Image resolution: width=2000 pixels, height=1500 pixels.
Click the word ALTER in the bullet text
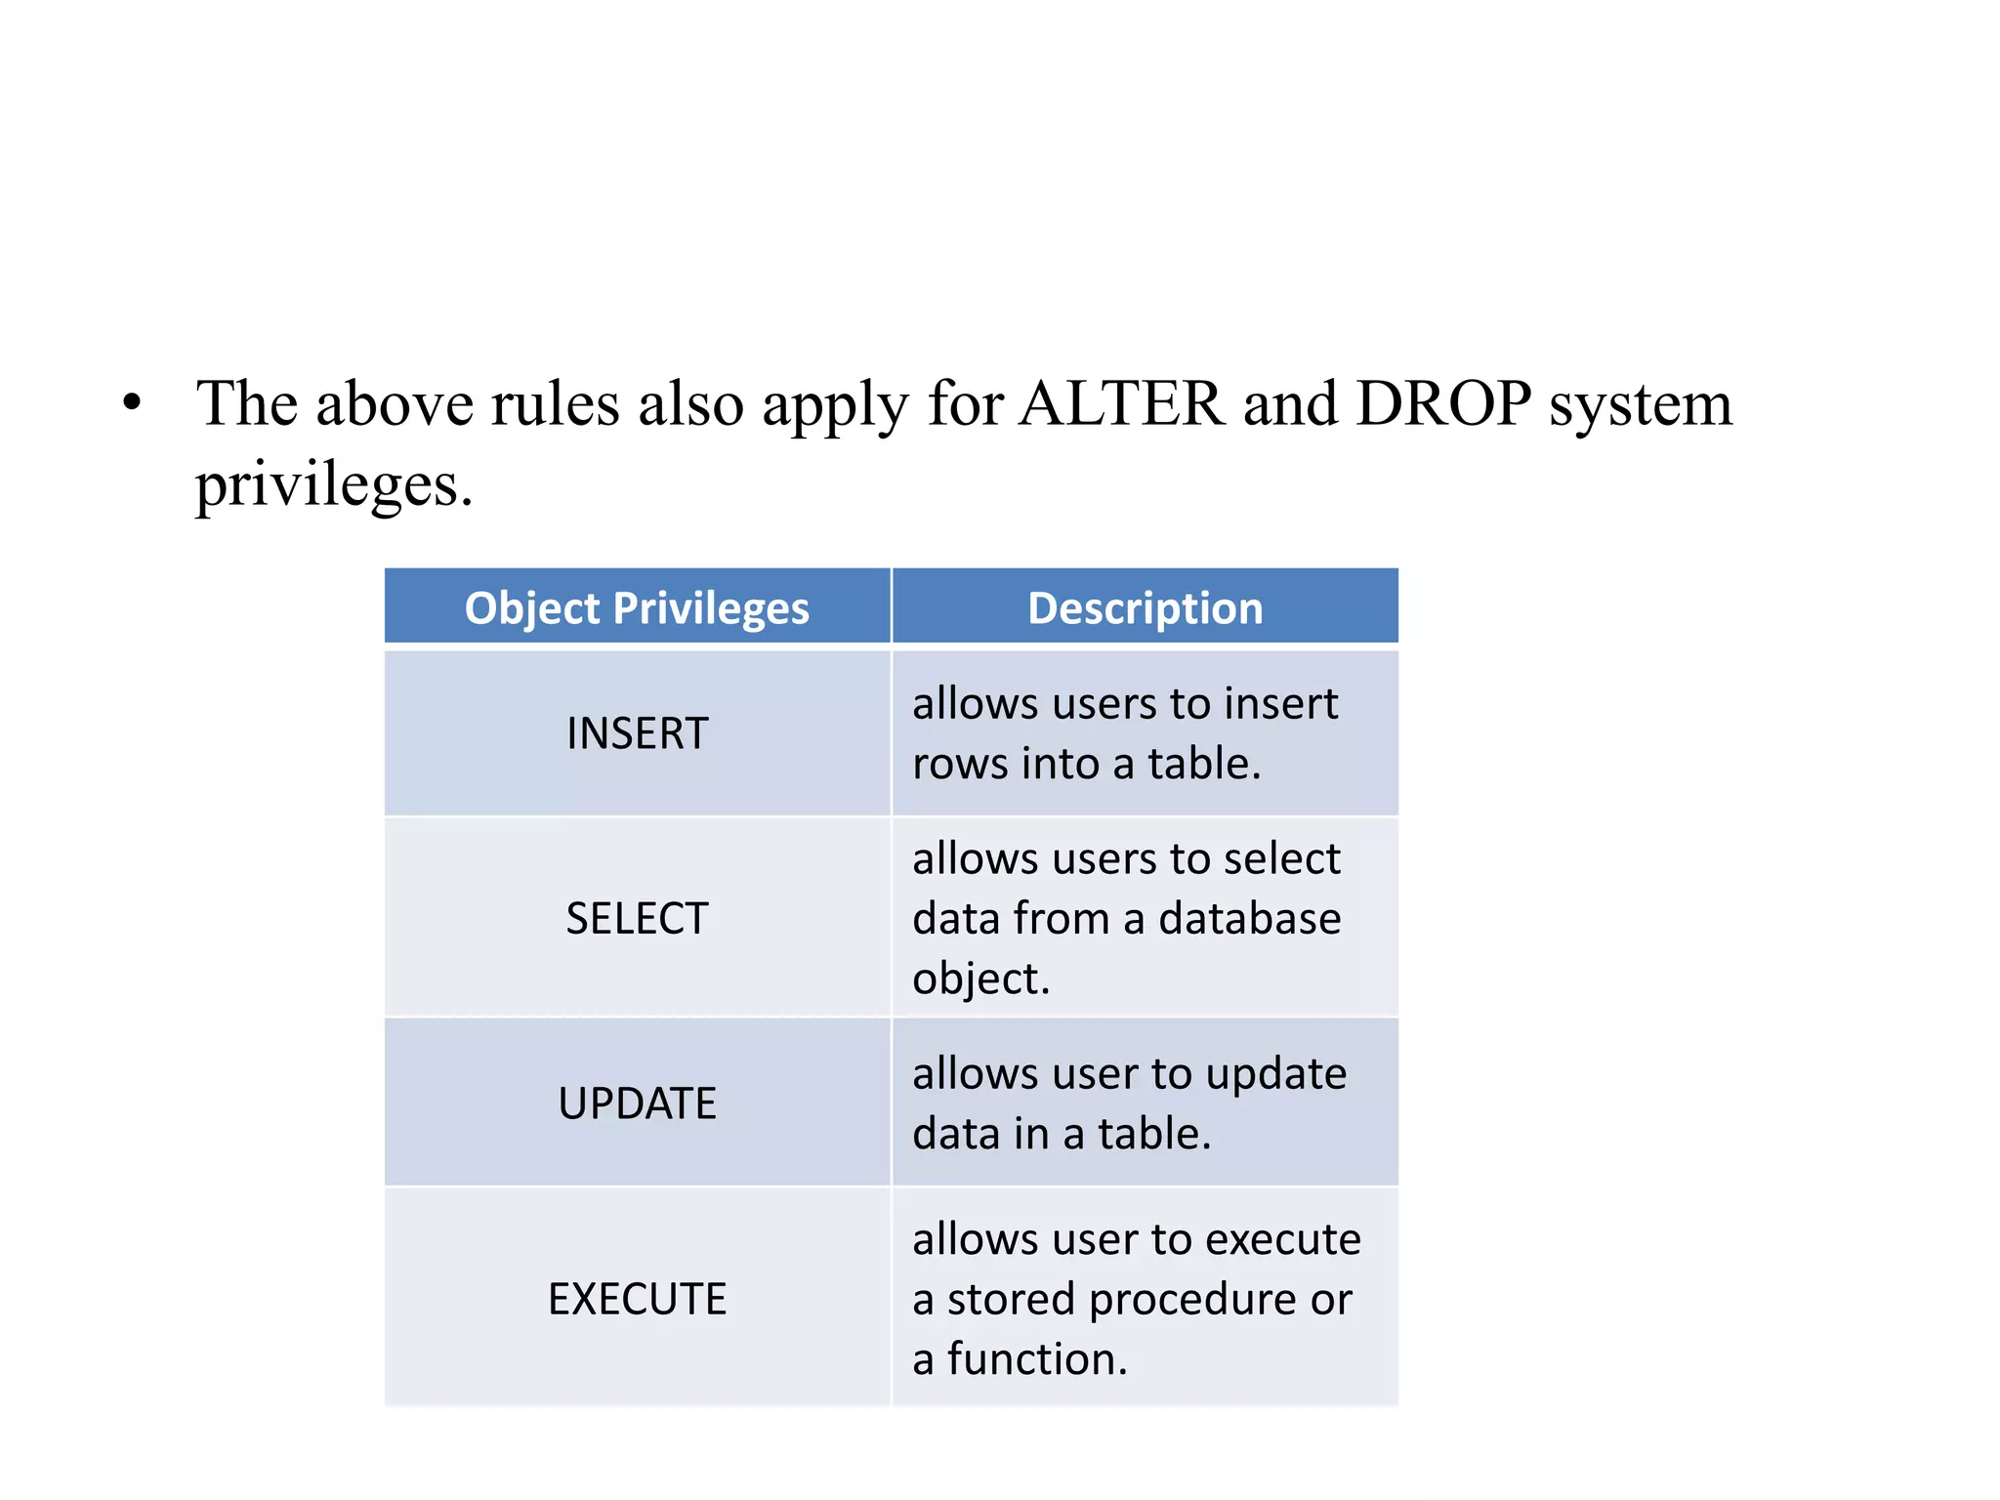1121,403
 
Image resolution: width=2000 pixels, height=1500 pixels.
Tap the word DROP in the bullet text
1443,403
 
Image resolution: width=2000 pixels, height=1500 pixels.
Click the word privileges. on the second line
334,485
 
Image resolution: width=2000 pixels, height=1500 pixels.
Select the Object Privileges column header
637,608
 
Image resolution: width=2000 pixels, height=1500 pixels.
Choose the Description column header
1145,608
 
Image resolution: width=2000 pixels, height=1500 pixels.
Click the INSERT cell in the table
637,733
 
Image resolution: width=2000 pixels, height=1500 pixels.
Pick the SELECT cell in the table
637,918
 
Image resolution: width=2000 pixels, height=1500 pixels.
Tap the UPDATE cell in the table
637,1104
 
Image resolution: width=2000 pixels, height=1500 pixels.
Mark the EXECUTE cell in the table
637,1299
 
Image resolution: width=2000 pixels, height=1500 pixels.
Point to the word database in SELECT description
1249,919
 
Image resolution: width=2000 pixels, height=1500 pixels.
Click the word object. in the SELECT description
980,979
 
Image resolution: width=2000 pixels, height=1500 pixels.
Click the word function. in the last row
1037,1359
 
